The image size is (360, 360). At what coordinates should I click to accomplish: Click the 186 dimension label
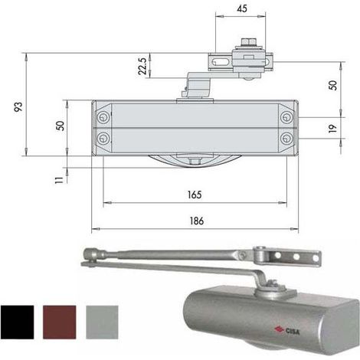tap(197, 221)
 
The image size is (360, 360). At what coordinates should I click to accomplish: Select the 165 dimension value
tap(195, 195)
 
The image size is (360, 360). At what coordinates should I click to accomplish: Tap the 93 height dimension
tap(18, 106)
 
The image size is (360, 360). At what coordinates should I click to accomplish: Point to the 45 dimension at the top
tap(242, 8)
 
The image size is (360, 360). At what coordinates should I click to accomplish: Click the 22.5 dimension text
tap(142, 67)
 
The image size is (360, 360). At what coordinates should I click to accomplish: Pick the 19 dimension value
tap(332, 128)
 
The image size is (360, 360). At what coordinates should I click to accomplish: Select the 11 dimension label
tap(59, 180)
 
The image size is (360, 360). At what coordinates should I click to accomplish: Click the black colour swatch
tap(17, 322)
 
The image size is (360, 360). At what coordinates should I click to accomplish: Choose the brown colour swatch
tap(60, 322)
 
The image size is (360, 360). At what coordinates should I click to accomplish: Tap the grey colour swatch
tap(102, 322)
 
